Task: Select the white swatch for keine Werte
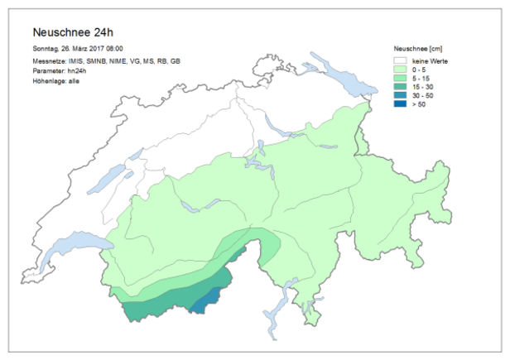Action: point(400,60)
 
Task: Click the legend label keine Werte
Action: point(429,60)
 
